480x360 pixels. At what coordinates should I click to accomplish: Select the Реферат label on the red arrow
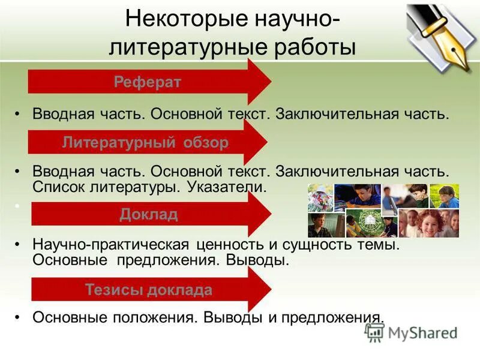click(147, 82)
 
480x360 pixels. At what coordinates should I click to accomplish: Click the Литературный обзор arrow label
click(145, 143)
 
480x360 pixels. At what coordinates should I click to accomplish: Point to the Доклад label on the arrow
click(148, 215)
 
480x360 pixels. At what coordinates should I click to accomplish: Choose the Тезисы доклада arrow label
click(148, 290)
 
